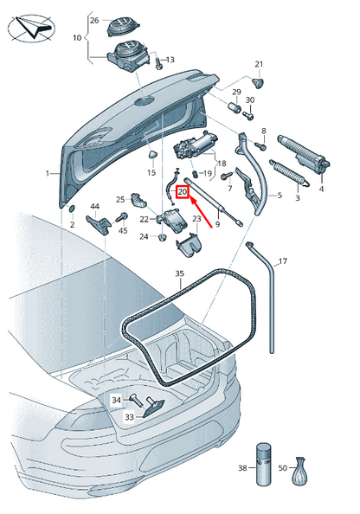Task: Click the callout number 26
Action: coord(94,19)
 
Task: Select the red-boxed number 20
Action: coord(182,192)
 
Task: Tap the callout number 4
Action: coord(321,188)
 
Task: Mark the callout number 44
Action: coord(95,206)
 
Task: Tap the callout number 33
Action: coord(129,417)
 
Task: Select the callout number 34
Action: coord(116,399)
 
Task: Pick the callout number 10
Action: coord(77,38)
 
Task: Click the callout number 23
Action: coord(196,220)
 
